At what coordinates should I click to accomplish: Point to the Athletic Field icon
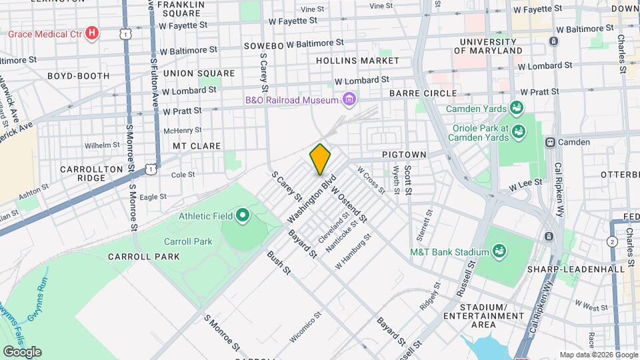243,216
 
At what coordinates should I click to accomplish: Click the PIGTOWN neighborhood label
404,155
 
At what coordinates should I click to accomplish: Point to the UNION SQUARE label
199,73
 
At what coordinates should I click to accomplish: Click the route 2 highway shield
612,241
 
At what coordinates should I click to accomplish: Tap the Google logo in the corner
22,351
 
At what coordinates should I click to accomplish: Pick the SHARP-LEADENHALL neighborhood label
584,269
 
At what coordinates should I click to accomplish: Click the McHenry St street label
182,130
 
